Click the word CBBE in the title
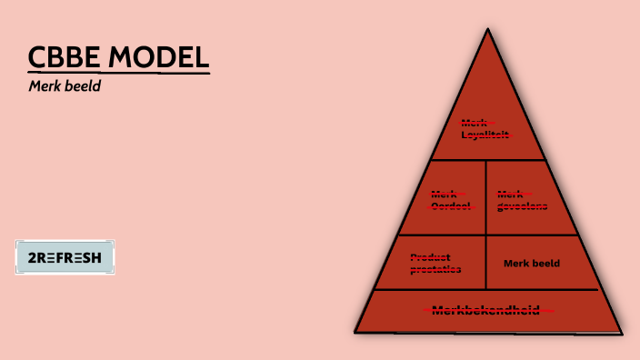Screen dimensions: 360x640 65,56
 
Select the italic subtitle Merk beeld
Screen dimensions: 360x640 64,86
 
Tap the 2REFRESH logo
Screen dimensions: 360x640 65,257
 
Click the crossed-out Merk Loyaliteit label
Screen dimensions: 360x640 485,128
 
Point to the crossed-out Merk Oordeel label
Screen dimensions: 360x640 450,199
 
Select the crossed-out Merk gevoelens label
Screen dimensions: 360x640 522,199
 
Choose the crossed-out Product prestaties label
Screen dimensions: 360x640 435,263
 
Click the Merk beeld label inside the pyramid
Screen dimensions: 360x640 532,264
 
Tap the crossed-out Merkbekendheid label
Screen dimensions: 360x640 486,310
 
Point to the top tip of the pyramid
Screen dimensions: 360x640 487,30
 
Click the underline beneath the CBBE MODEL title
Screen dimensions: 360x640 118,73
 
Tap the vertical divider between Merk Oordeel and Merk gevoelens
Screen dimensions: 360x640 485,197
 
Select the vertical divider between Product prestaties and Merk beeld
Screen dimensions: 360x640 486,262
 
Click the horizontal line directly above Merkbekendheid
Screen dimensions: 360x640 486,289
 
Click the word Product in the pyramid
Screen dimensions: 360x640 431,256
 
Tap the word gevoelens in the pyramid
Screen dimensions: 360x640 522,205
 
